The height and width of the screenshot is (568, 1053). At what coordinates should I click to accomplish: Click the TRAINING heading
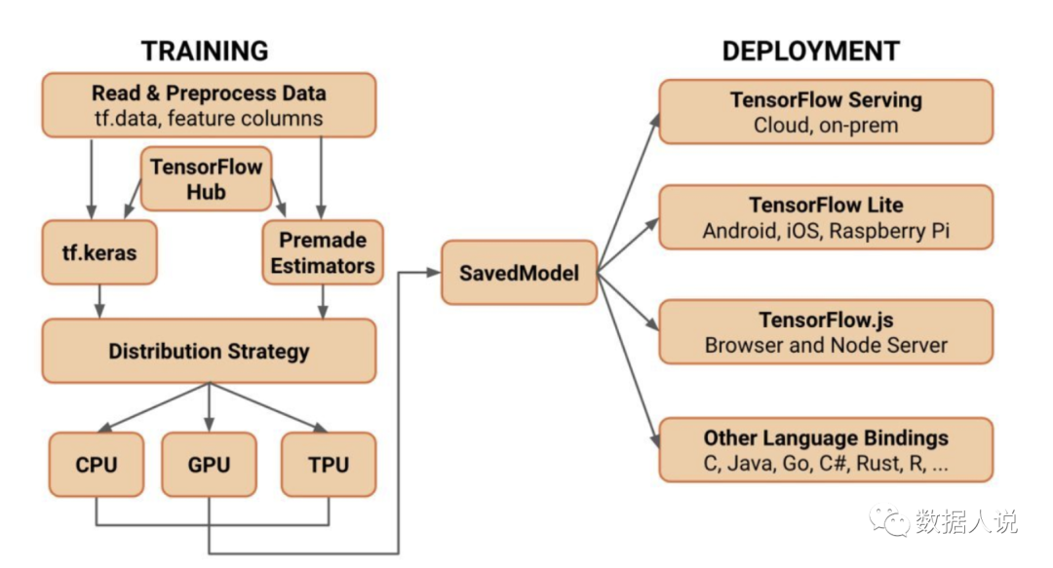pyautogui.click(x=205, y=51)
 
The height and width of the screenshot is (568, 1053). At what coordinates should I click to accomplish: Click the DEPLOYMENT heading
pyautogui.click(x=810, y=51)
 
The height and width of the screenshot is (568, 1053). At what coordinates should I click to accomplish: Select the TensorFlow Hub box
pyautogui.click(x=206, y=178)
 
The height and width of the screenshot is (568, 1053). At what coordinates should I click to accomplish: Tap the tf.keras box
pyautogui.click(x=98, y=252)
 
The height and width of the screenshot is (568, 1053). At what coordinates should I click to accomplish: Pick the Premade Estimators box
pyautogui.click(x=323, y=252)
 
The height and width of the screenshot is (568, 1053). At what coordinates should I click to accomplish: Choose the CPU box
pyautogui.click(x=97, y=464)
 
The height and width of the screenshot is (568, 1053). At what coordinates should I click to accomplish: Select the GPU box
pyautogui.click(x=208, y=464)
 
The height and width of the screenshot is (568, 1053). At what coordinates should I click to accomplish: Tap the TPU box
pyautogui.click(x=329, y=464)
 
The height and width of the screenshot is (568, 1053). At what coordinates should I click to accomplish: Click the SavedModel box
pyautogui.click(x=519, y=273)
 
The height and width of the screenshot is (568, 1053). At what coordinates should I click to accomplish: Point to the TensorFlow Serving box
pyautogui.click(x=825, y=112)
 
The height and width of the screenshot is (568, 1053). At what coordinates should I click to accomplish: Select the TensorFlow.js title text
pyautogui.click(x=826, y=320)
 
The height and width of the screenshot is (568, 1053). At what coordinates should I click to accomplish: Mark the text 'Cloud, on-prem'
pyautogui.click(x=825, y=126)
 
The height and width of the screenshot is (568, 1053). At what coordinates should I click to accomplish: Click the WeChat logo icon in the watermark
pyautogui.click(x=889, y=523)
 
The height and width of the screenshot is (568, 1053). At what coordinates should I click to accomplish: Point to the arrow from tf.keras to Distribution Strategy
pyautogui.click(x=98, y=301)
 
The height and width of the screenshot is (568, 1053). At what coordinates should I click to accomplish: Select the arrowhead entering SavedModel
pyautogui.click(x=435, y=273)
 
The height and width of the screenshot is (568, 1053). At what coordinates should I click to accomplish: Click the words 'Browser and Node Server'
pyautogui.click(x=826, y=345)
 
